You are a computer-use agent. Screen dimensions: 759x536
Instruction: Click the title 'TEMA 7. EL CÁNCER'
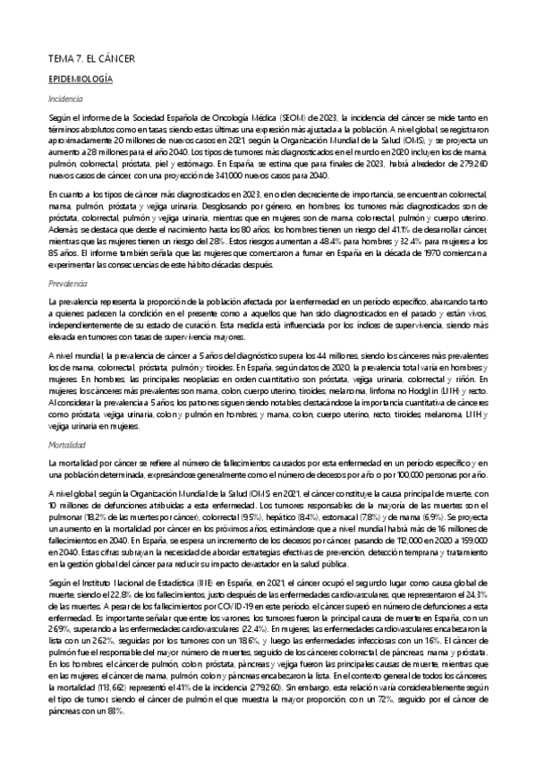pyautogui.click(x=91, y=59)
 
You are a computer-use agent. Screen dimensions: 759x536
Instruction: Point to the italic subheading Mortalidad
pyautogui.click(x=68, y=443)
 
